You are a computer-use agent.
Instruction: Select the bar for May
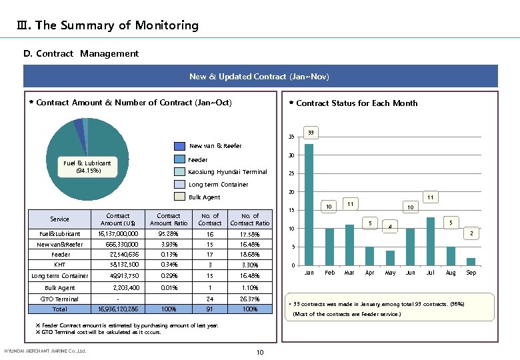coord(390,259)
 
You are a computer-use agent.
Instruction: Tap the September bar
coord(471,262)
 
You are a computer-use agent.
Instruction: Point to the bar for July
coord(431,241)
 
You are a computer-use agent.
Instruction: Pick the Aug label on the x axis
coord(451,273)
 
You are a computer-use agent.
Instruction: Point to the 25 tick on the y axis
coord(291,174)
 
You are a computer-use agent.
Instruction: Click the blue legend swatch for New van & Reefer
coord(180,146)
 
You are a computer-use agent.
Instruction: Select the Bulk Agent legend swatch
coord(180,197)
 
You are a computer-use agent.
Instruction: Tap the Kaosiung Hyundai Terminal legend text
coord(227,172)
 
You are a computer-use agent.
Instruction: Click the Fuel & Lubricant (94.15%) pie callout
coord(87,166)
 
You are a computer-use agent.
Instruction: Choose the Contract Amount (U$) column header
coord(118,219)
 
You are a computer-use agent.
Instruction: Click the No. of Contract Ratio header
coord(250,219)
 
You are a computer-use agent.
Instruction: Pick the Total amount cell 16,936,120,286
coord(118,309)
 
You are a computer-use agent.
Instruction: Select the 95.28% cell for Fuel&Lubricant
coord(169,234)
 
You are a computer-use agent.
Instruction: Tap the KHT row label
coord(60,265)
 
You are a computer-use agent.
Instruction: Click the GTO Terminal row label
coord(60,299)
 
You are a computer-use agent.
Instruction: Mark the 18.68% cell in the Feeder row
coord(250,255)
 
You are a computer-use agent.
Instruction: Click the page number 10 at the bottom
coord(260,351)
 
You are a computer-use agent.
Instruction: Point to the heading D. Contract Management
coord(81,53)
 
